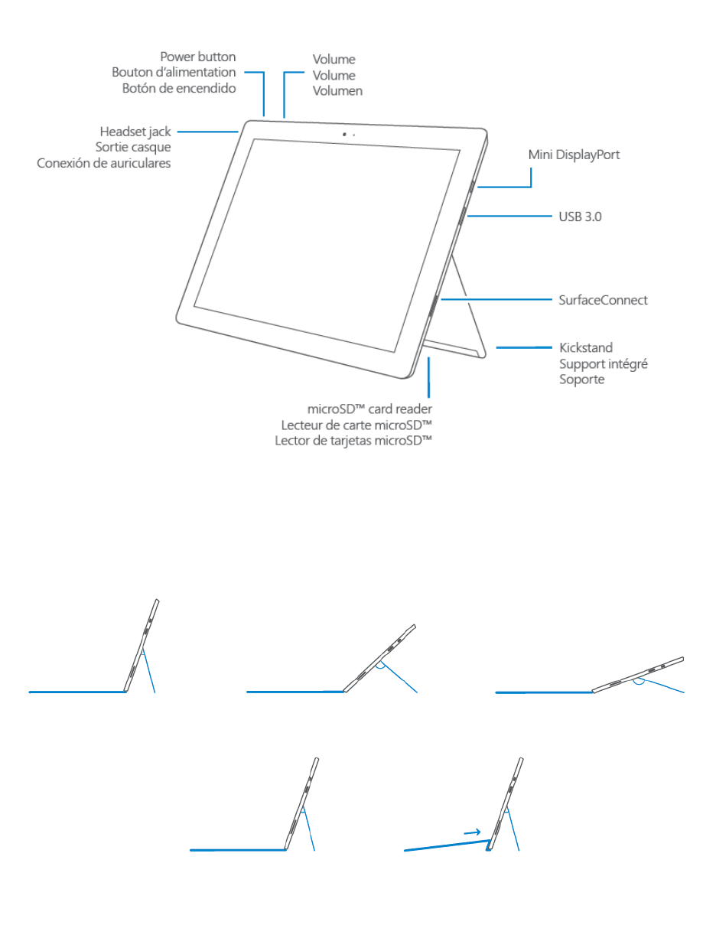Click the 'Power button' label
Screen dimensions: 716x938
point(197,57)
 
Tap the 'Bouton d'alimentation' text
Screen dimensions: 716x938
point(174,73)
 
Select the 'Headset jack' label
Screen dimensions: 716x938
point(135,132)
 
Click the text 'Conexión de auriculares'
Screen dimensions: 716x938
point(104,163)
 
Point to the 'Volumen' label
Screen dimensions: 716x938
point(337,91)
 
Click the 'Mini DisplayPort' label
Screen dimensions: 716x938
point(574,155)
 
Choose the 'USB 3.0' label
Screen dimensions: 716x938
point(580,217)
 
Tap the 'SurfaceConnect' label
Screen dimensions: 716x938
point(603,300)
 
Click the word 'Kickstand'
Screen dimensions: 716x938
point(585,347)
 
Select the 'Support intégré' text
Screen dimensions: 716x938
point(603,363)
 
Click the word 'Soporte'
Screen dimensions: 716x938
point(581,379)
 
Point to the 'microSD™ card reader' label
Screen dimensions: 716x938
point(369,409)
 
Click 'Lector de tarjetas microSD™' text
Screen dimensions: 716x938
point(353,441)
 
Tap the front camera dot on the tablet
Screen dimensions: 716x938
point(344,134)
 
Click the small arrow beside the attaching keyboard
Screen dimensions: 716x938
point(472,832)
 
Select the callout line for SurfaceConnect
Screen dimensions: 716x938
point(497,299)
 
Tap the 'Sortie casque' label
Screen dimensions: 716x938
point(133,147)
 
